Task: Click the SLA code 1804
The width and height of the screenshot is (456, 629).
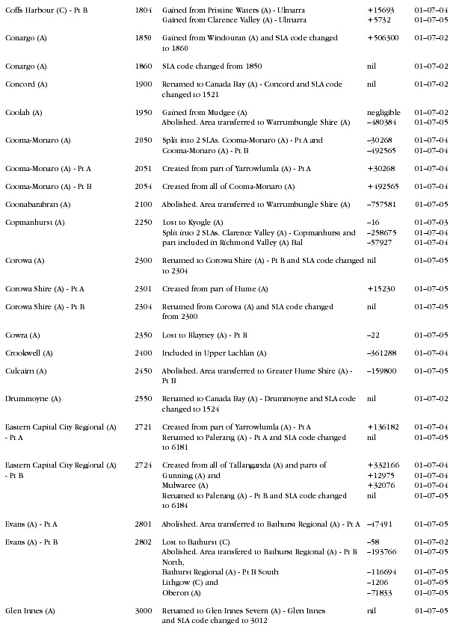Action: pos(144,9)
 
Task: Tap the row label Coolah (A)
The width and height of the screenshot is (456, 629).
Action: pos(23,112)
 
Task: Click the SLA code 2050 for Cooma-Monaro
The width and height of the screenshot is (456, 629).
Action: pos(144,140)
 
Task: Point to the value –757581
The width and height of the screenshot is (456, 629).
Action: pos(381,204)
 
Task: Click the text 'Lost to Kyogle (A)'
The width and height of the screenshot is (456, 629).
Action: pos(193,223)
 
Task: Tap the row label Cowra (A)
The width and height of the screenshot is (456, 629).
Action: pos(22,335)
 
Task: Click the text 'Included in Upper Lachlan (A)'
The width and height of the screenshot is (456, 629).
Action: pos(213,353)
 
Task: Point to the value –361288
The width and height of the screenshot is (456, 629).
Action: pos(381,353)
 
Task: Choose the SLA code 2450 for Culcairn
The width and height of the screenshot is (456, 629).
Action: pos(144,371)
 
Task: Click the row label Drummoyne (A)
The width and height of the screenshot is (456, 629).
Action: pos(33,399)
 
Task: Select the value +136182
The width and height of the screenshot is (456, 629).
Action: pos(383,427)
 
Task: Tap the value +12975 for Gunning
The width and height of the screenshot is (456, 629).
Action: pos(380,475)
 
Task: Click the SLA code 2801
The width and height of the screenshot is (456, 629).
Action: pos(144,524)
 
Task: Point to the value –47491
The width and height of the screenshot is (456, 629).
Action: pos(379,524)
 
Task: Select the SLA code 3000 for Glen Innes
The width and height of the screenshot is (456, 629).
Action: pos(144,610)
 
